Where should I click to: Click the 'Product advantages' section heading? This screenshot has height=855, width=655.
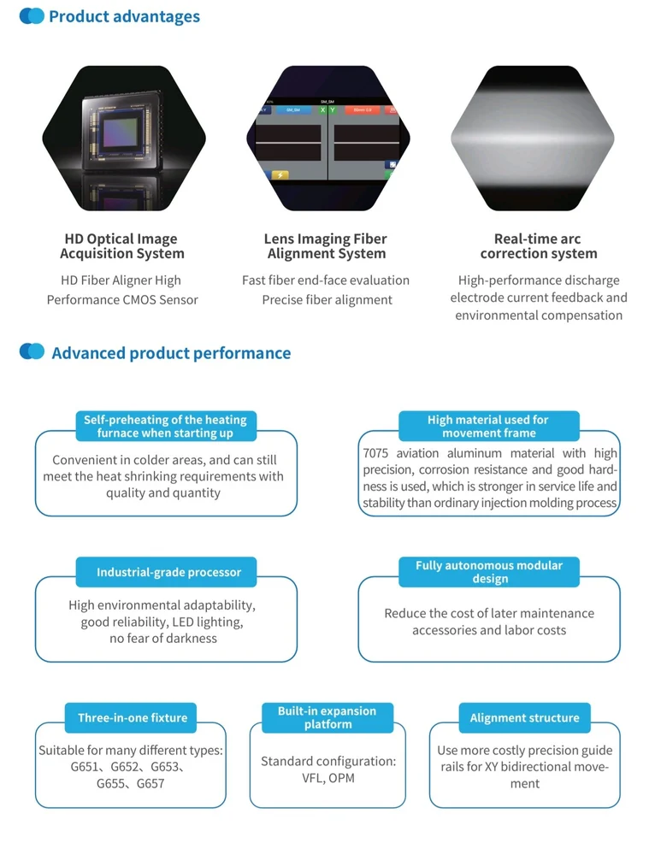(124, 16)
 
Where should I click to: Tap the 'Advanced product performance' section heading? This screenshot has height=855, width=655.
(171, 353)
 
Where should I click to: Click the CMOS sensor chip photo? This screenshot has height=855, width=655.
(124, 139)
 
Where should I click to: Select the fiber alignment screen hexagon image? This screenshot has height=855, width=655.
(327, 139)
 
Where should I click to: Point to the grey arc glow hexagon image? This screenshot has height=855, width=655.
(532, 139)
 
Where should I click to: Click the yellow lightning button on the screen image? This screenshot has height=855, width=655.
(280, 175)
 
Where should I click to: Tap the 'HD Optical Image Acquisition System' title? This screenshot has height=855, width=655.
(121, 246)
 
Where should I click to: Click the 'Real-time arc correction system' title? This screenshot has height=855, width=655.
(539, 246)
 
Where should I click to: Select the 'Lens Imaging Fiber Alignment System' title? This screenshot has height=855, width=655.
(326, 246)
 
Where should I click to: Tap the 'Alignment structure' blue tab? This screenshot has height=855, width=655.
(525, 717)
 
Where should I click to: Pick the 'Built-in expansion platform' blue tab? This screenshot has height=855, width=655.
(327, 717)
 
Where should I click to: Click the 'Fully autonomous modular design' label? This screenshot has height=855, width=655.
(489, 572)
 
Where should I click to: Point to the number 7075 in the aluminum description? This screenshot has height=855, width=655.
(375, 453)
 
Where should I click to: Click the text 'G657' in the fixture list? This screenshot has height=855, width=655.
(150, 783)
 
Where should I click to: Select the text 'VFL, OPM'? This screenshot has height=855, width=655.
(328, 778)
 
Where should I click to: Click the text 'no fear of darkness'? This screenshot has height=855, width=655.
(163, 639)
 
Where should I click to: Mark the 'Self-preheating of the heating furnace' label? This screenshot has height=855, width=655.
(165, 426)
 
